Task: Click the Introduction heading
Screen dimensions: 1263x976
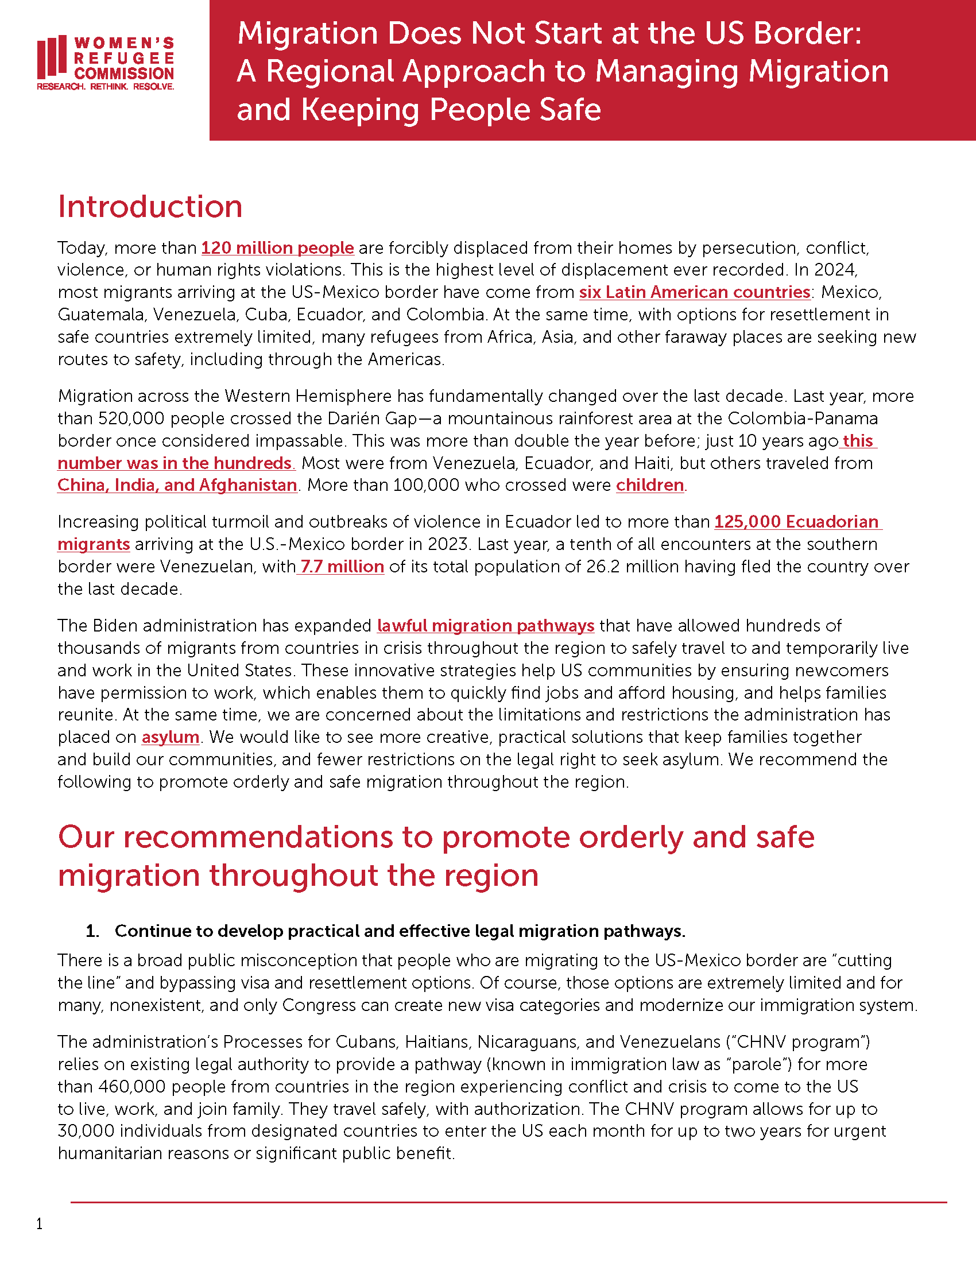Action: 150,207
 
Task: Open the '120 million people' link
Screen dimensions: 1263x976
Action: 277,248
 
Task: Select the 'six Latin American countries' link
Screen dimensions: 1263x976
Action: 694,293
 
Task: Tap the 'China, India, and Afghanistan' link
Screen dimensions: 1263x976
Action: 177,485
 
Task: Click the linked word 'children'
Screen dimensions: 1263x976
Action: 650,485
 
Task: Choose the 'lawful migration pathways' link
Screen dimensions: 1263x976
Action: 485,626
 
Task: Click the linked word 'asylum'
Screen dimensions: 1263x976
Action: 170,737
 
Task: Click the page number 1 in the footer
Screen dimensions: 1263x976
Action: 39,1224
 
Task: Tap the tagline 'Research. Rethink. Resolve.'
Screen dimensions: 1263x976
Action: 105,87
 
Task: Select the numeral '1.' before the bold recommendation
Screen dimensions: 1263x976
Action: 92,931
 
